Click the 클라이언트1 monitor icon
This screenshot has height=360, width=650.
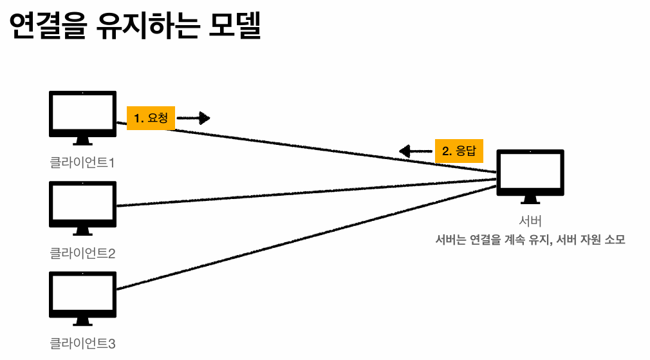(82, 114)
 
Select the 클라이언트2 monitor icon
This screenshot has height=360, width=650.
(82, 204)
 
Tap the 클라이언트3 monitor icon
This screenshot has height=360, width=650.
(82, 294)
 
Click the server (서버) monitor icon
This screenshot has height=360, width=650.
(530, 173)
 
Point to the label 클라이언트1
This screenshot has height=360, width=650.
(82, 162)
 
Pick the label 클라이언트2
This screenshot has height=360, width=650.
(82, 252)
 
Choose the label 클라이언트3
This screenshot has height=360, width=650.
(82, 343)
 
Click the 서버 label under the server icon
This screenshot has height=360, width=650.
(530, 222)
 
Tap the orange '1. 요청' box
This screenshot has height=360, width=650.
(151, 118)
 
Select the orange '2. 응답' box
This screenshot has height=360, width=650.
(459, 151)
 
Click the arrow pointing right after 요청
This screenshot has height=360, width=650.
(194, 118)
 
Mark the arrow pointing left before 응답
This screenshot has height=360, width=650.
(416, 151)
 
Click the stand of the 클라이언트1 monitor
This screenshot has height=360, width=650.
(82, 141)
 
